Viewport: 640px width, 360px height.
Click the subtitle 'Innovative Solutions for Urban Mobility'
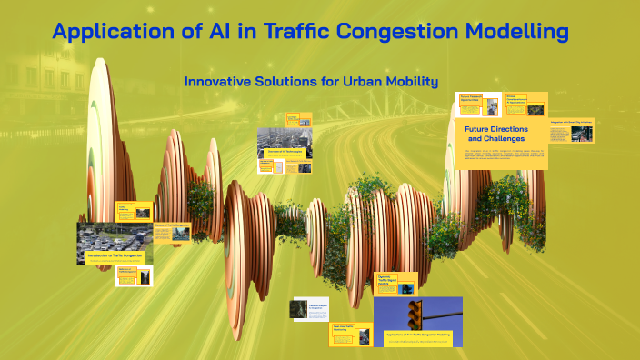pos(311,82)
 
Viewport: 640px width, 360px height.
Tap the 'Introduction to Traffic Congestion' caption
pos(115,257)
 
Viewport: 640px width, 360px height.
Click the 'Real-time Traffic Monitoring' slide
pos(350,334)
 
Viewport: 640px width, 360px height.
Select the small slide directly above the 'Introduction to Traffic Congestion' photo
pos(135,211)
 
